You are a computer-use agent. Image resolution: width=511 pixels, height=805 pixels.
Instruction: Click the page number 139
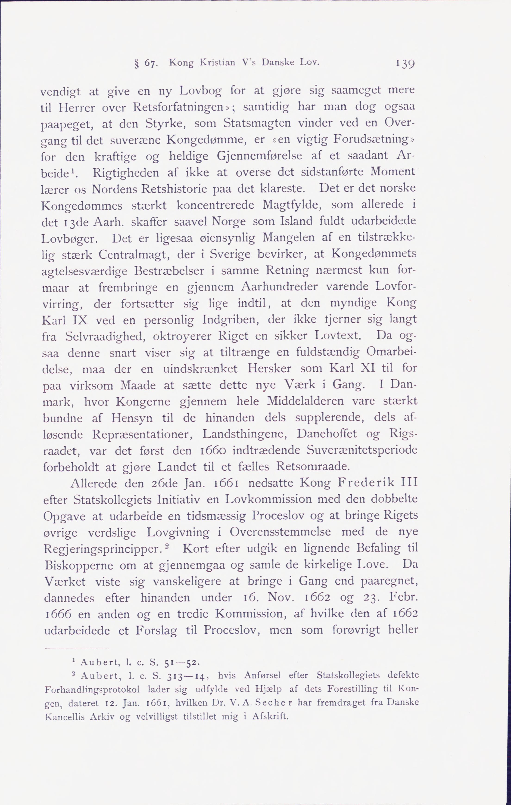click(405, 64)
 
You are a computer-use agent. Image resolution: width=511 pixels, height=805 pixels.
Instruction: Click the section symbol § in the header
click(136, 64)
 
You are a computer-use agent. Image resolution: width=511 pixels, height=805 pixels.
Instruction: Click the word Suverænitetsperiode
click(362, 450)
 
